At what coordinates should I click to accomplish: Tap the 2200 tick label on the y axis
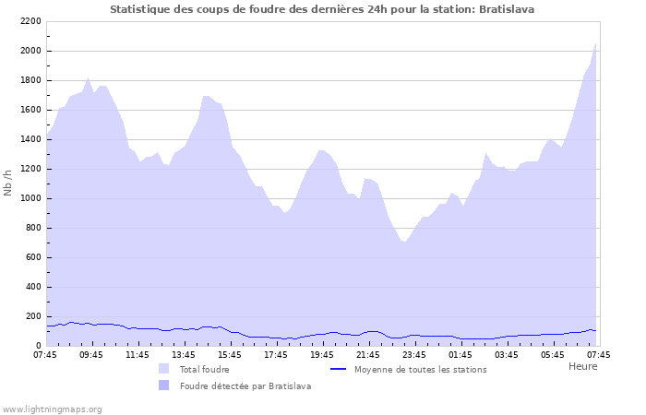[30, 21]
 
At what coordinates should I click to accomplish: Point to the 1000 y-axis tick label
[30, 198]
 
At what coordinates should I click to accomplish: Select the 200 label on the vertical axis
[32, 316]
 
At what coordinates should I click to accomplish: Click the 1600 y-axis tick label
[30, 110]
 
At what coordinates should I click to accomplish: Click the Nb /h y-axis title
[8, 184]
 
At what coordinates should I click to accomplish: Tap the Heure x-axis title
[582, 366]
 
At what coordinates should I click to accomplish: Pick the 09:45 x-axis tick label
[91, 354]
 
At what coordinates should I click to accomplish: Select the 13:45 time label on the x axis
[184, 354]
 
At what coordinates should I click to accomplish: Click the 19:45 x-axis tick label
[322, 354]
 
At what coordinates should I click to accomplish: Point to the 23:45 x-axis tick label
[414, 354]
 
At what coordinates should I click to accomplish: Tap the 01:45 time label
[461, 354]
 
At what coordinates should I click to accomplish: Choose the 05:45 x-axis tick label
[553, 354]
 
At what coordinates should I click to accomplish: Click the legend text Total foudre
[205, 369]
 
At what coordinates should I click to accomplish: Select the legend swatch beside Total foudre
[163, 369]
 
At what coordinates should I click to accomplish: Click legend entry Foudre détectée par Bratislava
[245, 385]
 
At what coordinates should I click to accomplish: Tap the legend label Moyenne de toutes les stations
[420, 369]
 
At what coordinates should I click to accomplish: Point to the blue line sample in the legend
[338, 369]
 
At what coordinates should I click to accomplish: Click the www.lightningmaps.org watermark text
[53, 409]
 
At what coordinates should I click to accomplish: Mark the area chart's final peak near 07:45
[596, 43]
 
